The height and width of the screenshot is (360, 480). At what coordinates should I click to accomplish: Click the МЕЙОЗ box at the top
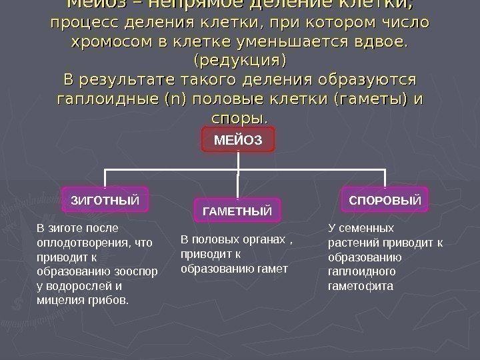238,141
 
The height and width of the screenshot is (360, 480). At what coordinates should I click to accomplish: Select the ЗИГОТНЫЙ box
105,199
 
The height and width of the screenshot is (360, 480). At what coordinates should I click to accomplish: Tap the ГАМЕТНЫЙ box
237,211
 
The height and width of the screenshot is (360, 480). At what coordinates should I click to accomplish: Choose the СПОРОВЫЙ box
385,199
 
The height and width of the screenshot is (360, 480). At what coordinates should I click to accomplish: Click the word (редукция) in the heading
239,61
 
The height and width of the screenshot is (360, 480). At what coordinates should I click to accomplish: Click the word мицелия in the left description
60,300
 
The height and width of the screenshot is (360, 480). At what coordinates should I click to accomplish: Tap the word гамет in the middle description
273,269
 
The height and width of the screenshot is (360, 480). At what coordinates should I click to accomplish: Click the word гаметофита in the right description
361,285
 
